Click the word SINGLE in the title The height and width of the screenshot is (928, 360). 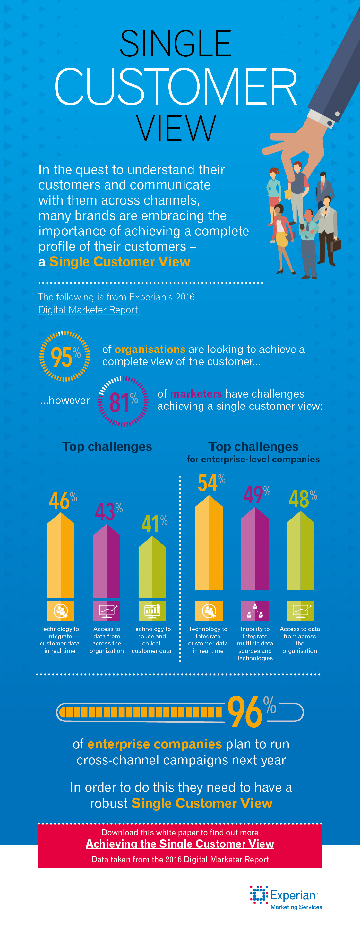(176, 44)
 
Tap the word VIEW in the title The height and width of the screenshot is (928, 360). (176, 129)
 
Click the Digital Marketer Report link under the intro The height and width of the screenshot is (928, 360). (89, 310)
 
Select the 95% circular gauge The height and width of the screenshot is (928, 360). (65, 356)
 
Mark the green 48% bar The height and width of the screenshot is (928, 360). (300, 551)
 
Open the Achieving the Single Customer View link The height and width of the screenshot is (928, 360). (180, 844)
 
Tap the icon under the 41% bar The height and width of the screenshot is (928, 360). (152, 611)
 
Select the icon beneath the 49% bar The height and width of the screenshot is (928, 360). (255, 611)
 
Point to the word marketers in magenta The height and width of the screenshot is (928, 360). (196, 394)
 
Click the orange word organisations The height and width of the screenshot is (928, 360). (150, 349)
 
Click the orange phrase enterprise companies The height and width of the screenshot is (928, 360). (155, 744)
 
